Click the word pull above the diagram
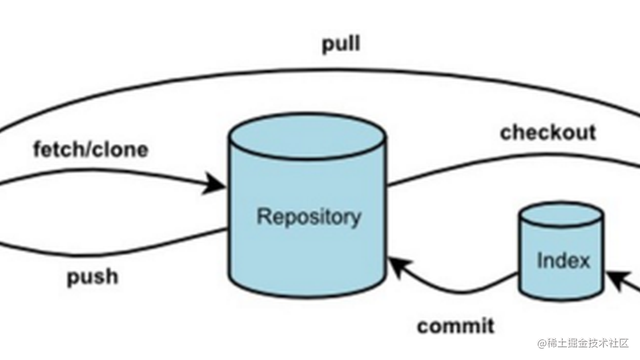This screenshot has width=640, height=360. click(341, 44)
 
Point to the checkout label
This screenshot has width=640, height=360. click(548, 132)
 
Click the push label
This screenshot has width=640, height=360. click(92, 277)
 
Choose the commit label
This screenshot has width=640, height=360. click(456, 326)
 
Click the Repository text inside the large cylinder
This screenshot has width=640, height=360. click(308, 217)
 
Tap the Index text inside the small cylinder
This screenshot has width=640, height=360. click(563, 261)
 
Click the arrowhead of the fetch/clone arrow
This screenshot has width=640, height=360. click(216, 183)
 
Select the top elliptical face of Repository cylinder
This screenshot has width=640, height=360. click(308, 136)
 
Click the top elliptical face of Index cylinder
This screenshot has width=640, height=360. click(561, 216)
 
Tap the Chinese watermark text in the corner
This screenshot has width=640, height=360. click(582, 343)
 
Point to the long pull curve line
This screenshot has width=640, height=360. click(320, 71)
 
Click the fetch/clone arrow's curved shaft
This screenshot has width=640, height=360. click(114, 171)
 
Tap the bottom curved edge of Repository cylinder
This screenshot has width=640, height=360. click(308, 295)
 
